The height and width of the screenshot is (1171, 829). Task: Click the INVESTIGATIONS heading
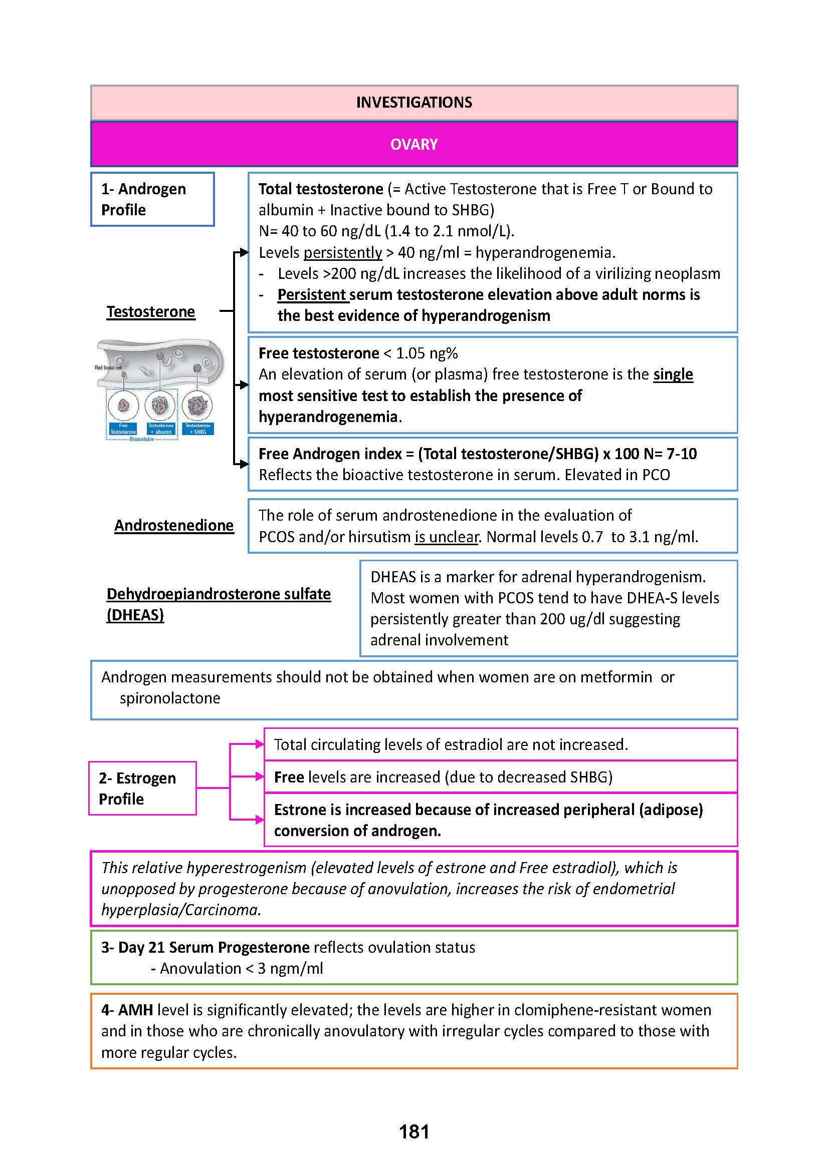point(414,103)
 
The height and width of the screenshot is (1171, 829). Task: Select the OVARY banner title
point(414,144)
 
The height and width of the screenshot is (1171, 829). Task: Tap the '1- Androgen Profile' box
point(152,199)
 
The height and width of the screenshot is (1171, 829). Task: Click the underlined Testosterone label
point(150,311)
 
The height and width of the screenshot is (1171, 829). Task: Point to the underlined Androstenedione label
point(173,525)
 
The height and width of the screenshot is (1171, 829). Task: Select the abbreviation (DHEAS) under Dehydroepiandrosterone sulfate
point(135,615)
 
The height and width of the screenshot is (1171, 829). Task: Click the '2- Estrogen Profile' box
point(142,789)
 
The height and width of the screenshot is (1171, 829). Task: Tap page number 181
point(414,1132)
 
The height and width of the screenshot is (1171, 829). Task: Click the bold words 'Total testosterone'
point(321,189)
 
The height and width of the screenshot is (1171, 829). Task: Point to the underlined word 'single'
point(673,374)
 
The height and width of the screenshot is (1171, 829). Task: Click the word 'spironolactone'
point(170,698)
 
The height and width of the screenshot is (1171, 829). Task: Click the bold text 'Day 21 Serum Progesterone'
point(214,947)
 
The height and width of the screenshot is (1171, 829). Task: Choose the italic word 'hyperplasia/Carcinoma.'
point(181,910)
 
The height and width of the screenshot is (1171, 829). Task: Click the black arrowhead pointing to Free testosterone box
point(244,384)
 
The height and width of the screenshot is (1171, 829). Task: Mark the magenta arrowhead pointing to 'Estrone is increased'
point(259,820)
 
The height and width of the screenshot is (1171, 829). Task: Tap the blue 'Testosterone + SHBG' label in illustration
point(197,429)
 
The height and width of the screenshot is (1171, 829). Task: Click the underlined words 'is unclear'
point(447,537)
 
